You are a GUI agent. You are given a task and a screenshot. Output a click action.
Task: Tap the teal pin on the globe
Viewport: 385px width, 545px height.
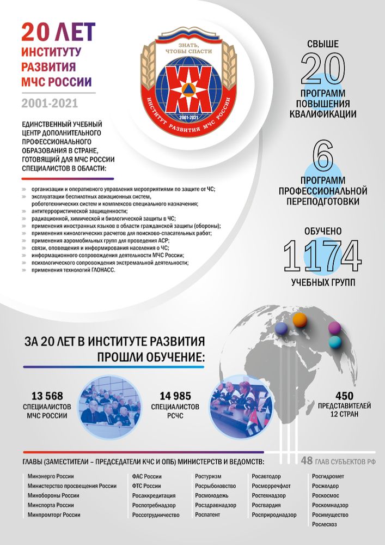[x=334, y=342]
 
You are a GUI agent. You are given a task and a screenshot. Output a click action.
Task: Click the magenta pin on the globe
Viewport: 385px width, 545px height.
[x=334, y=328]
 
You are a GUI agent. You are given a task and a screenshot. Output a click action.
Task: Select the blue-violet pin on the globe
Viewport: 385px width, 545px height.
[x=282, y=328]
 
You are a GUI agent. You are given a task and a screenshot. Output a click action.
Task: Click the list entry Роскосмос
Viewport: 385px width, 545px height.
[x=326, y=495]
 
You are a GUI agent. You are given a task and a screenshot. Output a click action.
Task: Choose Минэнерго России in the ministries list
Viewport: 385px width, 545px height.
[x=49, y=476]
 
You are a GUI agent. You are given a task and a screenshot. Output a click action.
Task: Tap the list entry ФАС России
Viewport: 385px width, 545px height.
[x=147, y=476]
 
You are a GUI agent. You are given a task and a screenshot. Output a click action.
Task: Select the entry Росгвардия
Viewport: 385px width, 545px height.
[x=268, y=505]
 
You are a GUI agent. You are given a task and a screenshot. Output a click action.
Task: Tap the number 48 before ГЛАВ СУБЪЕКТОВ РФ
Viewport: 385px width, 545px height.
[x=307, y=461]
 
